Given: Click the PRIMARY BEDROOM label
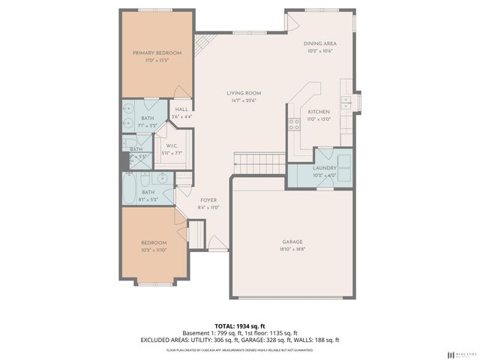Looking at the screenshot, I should click(157, 52).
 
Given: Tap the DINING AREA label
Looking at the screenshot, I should click(319, 44).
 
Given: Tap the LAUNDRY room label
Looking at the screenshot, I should click(324, 169).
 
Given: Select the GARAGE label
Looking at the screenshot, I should click(292, 241).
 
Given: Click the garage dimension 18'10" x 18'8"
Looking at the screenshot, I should click(292, 249).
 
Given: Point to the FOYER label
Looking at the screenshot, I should click(208, 199).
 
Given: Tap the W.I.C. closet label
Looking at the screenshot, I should click(172, 145).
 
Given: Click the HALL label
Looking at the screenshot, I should click(181, 109).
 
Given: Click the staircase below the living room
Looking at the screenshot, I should click(259, 161).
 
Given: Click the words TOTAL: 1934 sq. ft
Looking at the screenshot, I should click(239, 326).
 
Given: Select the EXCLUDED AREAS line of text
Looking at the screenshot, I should click(239, 340).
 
